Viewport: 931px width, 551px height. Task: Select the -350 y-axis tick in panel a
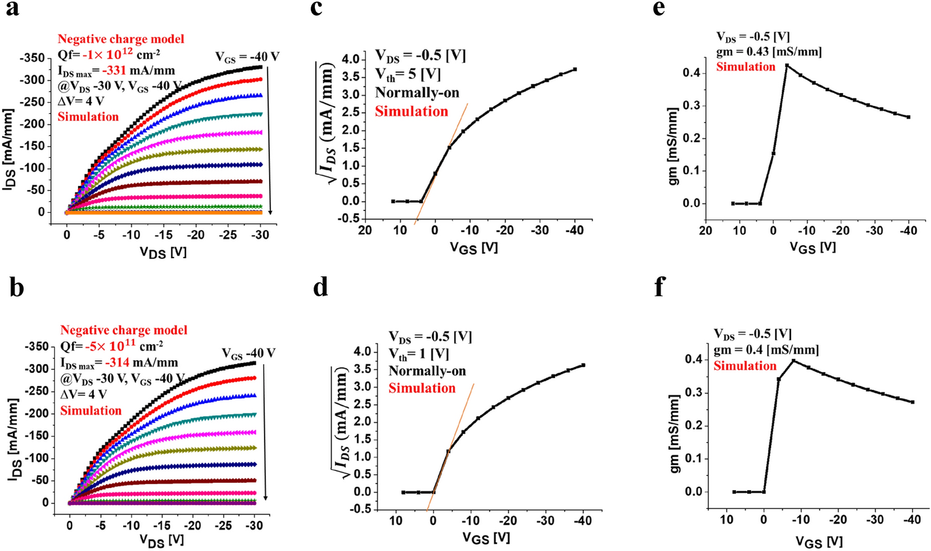tap(31, 58)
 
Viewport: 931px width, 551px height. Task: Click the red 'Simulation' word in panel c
tap(411, 111)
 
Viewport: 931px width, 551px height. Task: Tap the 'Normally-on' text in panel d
tap(427, 371)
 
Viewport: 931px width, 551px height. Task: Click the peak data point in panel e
tap(787, 66)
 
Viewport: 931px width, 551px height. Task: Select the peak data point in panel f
tap(794, 361)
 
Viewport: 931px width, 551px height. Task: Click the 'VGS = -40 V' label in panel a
tap(247, 57)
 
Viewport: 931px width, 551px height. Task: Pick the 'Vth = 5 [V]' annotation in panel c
tap(407, 74)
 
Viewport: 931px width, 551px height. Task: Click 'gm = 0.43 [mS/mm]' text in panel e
tap(769, 51)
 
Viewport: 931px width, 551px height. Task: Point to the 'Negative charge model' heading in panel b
tap(124, 330)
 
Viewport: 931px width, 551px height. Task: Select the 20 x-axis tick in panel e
tap(705, 230)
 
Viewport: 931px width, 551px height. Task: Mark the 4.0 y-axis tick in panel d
tap(364, 352)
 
